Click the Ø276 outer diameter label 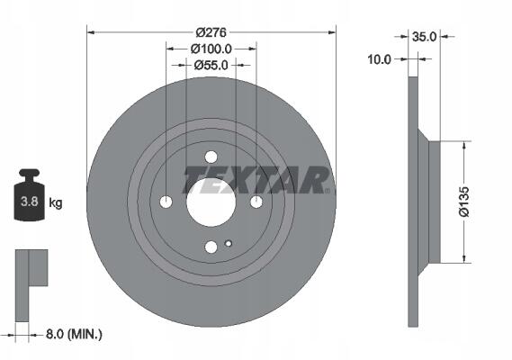[x=211, y=32]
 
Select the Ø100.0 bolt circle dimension [x=211, y=49]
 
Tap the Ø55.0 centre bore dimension [x=211, y=66]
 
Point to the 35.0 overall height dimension [x=424, y=37]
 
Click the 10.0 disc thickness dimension [x=379, y=59]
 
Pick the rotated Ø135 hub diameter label [x=463, y=202]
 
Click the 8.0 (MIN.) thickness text [x=74, y=334]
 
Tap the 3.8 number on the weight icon [x=30, y=202]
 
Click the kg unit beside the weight [x=56, y=203]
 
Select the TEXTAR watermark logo [x=256, y=180]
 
